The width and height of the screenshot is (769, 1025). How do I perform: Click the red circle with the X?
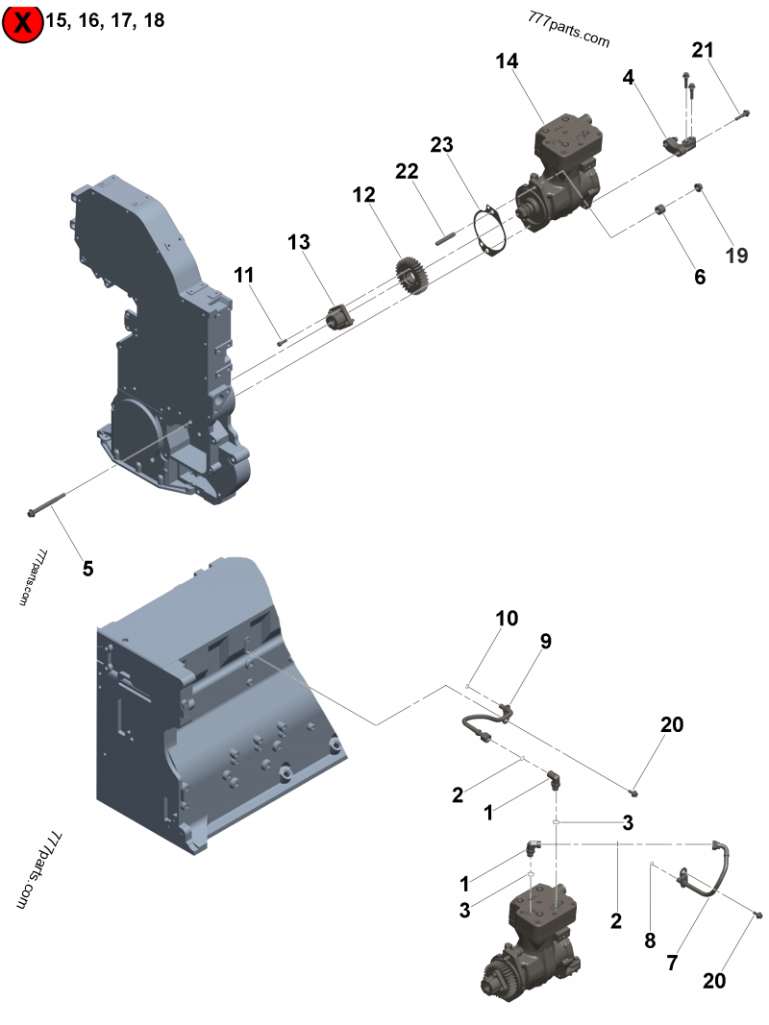click(x=22, y=23)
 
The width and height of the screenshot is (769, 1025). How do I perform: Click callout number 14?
click(x=507, y=61)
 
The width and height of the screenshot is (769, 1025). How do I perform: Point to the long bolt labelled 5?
click(x=47, y=505)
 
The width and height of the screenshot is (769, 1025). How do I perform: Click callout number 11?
click(x=244, y=276)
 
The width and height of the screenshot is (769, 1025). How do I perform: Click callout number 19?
click(x=736, y=256)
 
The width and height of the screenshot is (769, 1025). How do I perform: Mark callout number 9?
click(x=545, y=642)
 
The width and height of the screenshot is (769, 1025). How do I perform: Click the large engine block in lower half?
click(x=211, y=701)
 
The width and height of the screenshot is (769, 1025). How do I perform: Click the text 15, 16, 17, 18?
click(x=105, y=21)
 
